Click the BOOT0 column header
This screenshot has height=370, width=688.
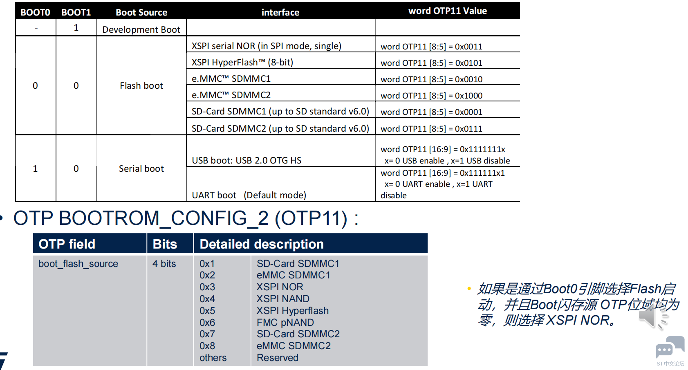pyautogui.click(x=35, y=12)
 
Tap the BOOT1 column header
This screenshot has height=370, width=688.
pyautogui.click(x=76, y=12)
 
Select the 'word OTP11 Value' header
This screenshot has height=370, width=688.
pyautogui.click(x=448, y=11)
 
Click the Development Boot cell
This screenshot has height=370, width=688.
pyautogui.click(x=141, y=29)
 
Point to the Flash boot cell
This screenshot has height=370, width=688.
pyautogui.click(x=141, y=85)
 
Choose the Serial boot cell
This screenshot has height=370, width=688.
pyautogui.click(x=141, y=168)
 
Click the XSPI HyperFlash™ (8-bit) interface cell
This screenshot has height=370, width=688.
pyautogui.click(x=242, y=62)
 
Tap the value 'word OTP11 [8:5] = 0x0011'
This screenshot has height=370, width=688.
pyautogui.click(x=431, y=47)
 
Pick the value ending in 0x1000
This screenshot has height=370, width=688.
pyautogui.click(x=431, y=96)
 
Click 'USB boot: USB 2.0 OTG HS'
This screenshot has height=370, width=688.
pyautogui.click(x=247, y=160)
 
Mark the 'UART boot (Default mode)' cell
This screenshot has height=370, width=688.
pyautogui.click(x=249, y=195)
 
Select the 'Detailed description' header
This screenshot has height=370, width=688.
pyautogui.click(x=261, y=244)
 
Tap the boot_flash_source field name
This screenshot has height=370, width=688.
pyautogui.click(x=78, y=263)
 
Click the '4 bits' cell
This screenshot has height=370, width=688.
pyautogui.click(x=164, y=263)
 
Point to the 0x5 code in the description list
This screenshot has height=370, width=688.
pyautogui.click(x=207, y=310)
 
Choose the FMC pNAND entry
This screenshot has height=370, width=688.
pyautogui.click(x=285, y=323)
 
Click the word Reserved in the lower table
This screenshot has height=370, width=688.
pyautogui.click(x=277, y=358)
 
